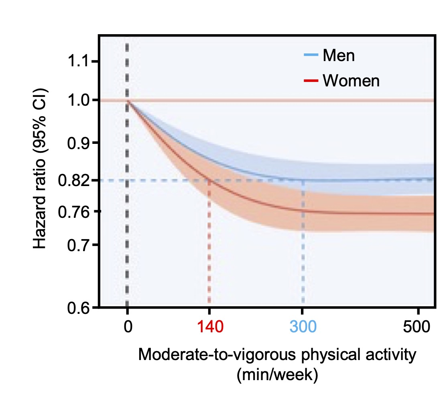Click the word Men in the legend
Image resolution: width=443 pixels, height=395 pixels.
(x=338, y=55)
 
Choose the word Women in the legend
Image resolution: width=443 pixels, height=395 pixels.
(x=351, y=81)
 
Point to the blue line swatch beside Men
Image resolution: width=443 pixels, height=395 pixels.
(x=311, y=55)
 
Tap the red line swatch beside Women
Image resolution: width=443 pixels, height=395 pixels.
(x=311, y=81)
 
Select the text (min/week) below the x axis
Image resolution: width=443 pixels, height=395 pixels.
(x=277, y=375)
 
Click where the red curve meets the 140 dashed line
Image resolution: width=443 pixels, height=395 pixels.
(x=209, y=180)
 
